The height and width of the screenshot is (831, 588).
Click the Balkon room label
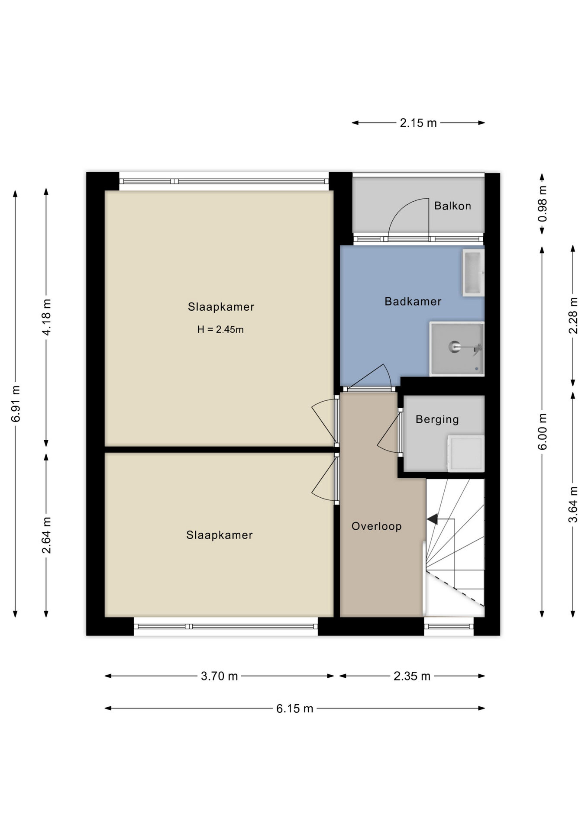(452, 206)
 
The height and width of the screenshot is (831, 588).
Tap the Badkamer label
(413, 301)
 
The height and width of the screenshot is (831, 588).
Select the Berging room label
(437, 419)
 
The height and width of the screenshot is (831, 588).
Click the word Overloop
(376, 526)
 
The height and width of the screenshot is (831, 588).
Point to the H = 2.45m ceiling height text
(220, 329)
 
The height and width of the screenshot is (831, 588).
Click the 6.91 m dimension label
(16, 403)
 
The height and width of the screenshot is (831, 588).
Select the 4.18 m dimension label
(46, 317)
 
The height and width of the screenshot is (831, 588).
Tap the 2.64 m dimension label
(46, 535)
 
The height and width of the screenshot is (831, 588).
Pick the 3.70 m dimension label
(219, 676)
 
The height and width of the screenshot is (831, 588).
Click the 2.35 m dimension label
(412, 676)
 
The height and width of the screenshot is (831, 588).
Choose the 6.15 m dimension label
(294, 709)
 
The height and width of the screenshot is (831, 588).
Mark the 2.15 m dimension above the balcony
(418, 123)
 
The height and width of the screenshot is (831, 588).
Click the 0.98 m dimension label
(542, 203)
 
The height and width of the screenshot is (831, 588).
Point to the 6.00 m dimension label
(542, 432)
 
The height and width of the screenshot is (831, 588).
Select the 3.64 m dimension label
(573, 505)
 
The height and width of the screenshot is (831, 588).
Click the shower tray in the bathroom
(456, 348)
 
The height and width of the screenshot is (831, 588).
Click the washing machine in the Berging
(466, 453)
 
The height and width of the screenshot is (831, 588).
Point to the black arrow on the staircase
(433, 519)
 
